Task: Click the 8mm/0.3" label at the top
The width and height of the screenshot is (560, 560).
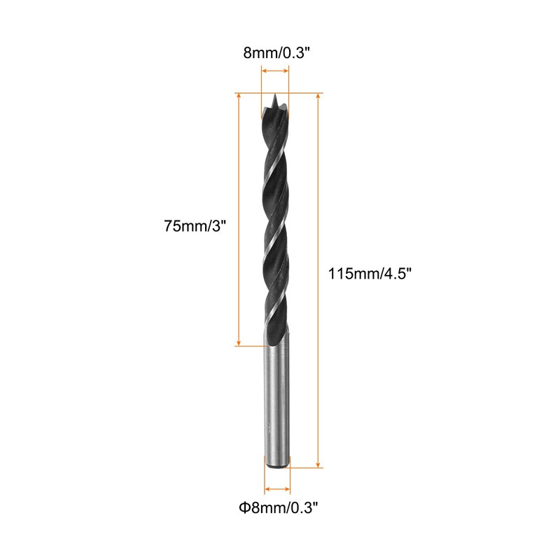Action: pos(276,53)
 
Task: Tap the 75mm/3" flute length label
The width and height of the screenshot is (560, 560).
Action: pos(195,225)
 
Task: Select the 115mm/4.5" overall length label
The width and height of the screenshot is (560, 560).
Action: pos(370,274)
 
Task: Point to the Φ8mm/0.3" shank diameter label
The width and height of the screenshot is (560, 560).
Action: pos(279,507)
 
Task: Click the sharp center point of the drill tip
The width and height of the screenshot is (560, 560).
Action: pos(274,94)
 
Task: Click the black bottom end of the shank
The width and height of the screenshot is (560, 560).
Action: pos(277,465)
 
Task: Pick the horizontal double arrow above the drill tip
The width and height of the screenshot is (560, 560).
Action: pos(275,71)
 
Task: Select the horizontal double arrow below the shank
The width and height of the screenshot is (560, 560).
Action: pos(277,489)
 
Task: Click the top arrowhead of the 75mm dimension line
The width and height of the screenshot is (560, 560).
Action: pos(239,97)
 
